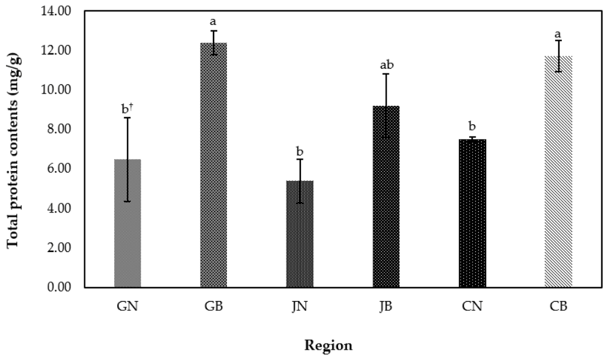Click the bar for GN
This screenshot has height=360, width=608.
127,223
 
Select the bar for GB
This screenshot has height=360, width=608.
214,165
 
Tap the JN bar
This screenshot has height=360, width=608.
300,234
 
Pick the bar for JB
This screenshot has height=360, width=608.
386,197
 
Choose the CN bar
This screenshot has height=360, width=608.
472,213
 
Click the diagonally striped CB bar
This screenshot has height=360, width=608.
558,172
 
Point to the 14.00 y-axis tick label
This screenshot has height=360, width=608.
56,11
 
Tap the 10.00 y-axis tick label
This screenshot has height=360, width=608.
56,90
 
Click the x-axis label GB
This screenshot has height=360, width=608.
214,307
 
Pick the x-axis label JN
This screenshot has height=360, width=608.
300,307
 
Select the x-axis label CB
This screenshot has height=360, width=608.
558,307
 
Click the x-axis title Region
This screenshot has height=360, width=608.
328,345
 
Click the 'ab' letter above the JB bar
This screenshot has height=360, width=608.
387,65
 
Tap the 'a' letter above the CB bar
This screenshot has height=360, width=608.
558,34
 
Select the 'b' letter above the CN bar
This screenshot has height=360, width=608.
472,126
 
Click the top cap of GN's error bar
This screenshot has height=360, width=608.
127,118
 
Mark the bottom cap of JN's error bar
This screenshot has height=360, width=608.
300,203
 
